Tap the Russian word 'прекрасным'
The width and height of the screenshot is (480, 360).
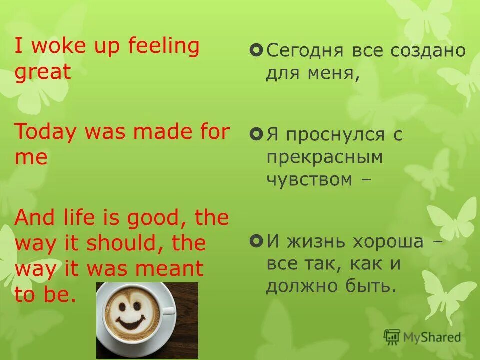point(324,157)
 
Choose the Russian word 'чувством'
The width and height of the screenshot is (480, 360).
point(309,180)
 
